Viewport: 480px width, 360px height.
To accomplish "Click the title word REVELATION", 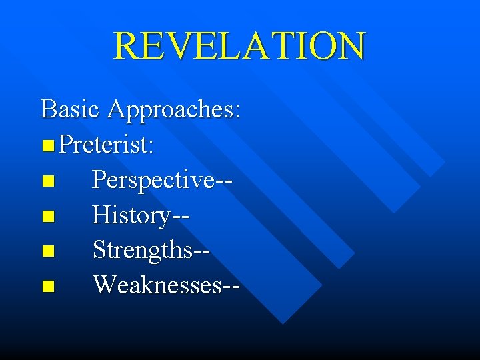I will click(x=239, y=45).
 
